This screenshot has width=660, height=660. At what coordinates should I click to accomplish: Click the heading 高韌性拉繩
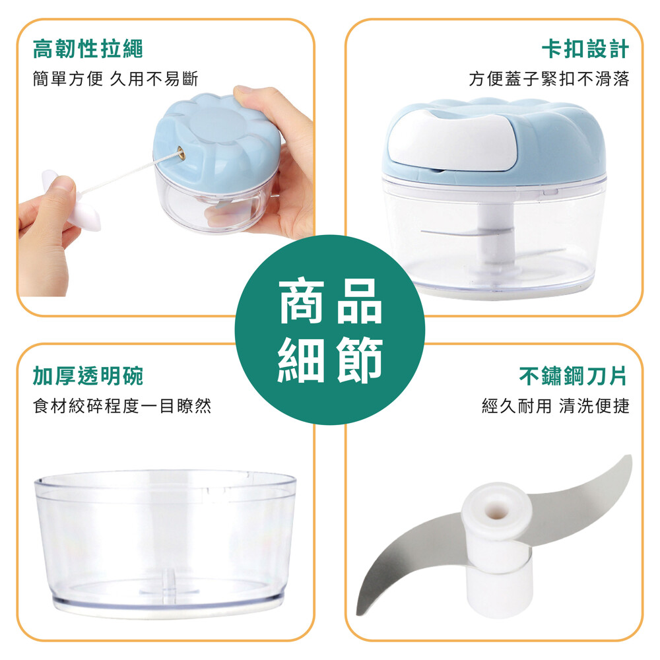(88, 48)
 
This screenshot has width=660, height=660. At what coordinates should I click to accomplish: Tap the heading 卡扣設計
(585, 48)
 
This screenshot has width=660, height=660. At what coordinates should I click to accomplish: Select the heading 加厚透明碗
(88, 376)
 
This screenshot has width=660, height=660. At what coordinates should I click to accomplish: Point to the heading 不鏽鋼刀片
(574, 376)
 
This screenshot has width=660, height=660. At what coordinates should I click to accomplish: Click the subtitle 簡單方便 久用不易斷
(115, 79)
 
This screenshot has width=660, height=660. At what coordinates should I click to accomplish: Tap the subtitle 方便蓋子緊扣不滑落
(549, 79)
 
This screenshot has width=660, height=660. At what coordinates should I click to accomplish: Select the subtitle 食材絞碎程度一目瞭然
(122, 406)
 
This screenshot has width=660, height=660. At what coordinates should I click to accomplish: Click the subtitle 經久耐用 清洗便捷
(556, 406)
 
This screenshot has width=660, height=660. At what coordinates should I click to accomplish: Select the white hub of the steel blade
(498, 547)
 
